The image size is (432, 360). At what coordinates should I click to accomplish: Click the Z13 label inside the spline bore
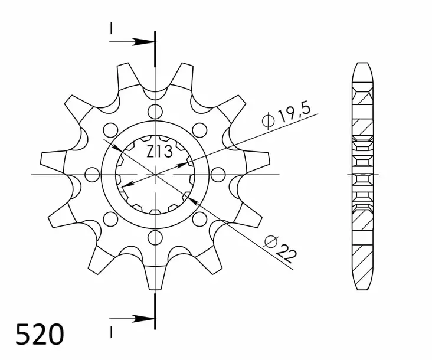[x=159, y=152]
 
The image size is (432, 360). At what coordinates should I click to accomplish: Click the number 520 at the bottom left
[x=39, y=335]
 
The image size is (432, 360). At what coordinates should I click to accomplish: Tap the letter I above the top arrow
[x=110, y=28]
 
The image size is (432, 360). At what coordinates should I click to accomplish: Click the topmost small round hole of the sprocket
[x=155, y=111]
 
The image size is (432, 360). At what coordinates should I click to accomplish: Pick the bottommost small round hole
[x=155, y=238]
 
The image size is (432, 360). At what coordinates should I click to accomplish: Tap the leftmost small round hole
[x=92, y=175]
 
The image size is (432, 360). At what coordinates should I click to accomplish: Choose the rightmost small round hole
[x=218, y=175]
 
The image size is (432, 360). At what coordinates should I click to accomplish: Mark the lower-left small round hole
[x=110, y=220]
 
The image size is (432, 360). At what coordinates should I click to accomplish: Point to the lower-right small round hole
[x=199, y=220]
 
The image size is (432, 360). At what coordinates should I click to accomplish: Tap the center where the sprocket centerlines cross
[x=155, y=175]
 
